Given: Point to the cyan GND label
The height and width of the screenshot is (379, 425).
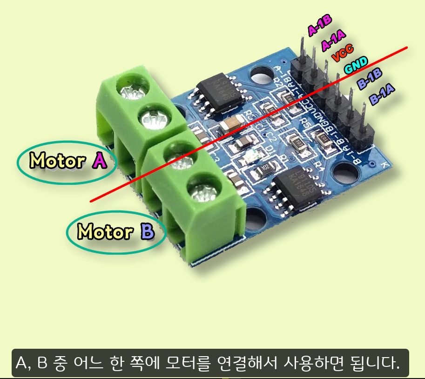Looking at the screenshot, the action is coord(356,66).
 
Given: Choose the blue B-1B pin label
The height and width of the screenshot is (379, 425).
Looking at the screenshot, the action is coord(370,79).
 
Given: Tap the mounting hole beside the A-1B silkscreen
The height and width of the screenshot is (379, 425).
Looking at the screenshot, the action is coord(261,74).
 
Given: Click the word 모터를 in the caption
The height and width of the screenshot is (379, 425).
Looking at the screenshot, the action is coord(184,362).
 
